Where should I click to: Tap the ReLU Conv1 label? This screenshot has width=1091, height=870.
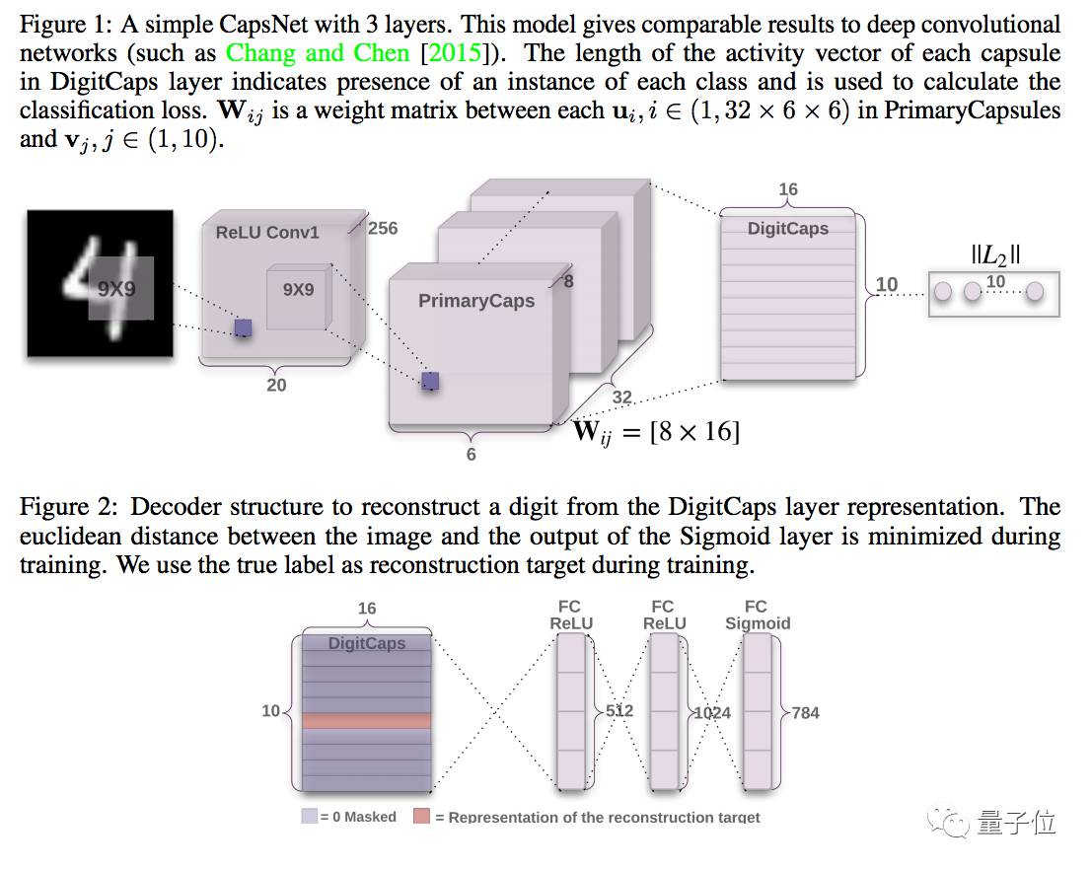point(267,233)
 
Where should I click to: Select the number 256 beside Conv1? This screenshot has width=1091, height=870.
point(383,228)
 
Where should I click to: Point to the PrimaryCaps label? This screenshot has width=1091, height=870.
point(476,301)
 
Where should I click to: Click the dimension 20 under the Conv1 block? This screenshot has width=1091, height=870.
point(276,385)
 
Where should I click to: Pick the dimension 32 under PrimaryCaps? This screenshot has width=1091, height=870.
point(622,398)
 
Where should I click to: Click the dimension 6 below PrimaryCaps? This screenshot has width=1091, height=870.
point(472,454)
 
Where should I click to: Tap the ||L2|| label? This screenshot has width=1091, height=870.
point(995,255)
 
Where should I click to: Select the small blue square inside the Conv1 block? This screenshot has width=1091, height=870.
point(243,327)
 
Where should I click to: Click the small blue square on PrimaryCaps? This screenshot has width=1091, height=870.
point(430,382)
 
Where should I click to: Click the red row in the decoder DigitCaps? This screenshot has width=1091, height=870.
point(367,721)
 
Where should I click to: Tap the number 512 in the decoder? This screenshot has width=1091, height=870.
point(619,711)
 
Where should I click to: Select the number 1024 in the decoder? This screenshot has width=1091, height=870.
point(712,712)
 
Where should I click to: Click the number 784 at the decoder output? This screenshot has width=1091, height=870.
point(805,712)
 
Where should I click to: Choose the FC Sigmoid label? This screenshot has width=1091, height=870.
point(757,615)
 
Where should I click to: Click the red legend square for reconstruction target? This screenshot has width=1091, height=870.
point(422,817)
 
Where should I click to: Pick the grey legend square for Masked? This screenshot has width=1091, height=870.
point(310,817)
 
